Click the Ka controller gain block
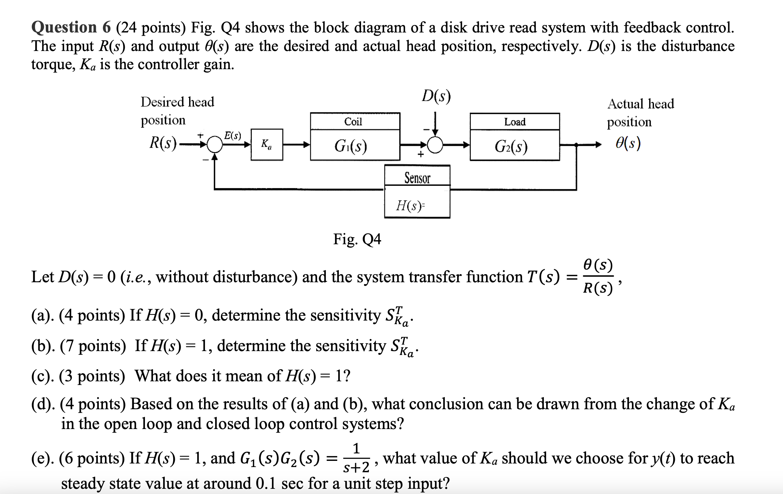point(267,144)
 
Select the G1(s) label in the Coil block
point(351,146)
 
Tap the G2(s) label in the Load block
point(511,146)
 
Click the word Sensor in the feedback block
point(417,178)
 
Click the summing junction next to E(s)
point(214,145)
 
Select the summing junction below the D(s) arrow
point(435,145)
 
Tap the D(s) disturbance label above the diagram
point(436,96)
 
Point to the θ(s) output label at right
point(628,143)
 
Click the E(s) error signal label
point(233,135)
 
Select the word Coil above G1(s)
point(353,122)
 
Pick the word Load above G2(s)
point(514,122)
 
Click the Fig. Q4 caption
point(357,239)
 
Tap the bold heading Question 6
point(71,27)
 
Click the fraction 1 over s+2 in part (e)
point(356,458)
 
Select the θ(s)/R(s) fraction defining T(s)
point(598,277)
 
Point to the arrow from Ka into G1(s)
point(296,145)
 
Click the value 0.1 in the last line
point(266,483)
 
